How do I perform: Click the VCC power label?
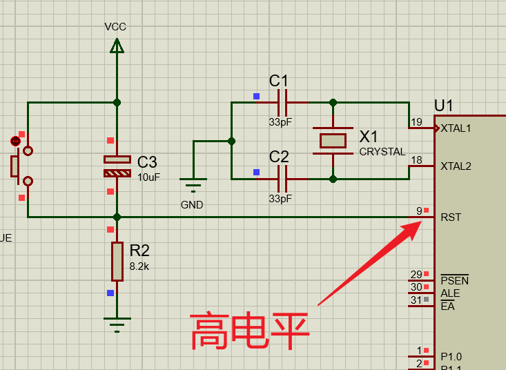[115, 27]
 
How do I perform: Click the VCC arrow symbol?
[117, 46]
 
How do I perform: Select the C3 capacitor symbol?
[117, 166]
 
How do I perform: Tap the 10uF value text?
[148, 177]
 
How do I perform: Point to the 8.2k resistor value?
[139, 266]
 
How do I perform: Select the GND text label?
[192, 205]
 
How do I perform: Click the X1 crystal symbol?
[333, 141]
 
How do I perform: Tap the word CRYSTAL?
[382, 152]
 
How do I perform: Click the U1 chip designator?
[444, 106]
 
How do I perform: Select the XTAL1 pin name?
[456, 128]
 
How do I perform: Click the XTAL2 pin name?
[456, 166]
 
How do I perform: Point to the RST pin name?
[451, 217]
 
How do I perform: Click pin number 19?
[416, 123]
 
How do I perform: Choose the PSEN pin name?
[454, 280]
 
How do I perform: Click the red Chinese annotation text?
[250, 331]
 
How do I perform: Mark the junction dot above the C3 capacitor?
[117, 102]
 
